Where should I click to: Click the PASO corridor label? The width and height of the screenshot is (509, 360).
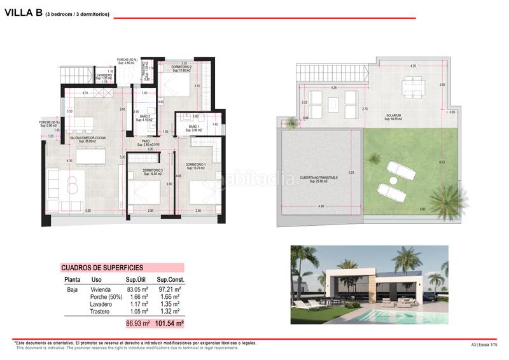pyautogui.click(x=146, y=142)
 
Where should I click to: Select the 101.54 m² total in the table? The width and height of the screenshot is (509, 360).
pyautogui.click(x=170, y=324)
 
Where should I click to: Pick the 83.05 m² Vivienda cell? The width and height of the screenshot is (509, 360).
pyautogui.click(x=137, y=289)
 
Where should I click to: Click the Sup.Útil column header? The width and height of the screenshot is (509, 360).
pyautogui.click(x=137, y=280)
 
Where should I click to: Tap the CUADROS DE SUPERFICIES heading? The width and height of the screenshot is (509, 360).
pyautogui.click(x=102, y=268)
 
